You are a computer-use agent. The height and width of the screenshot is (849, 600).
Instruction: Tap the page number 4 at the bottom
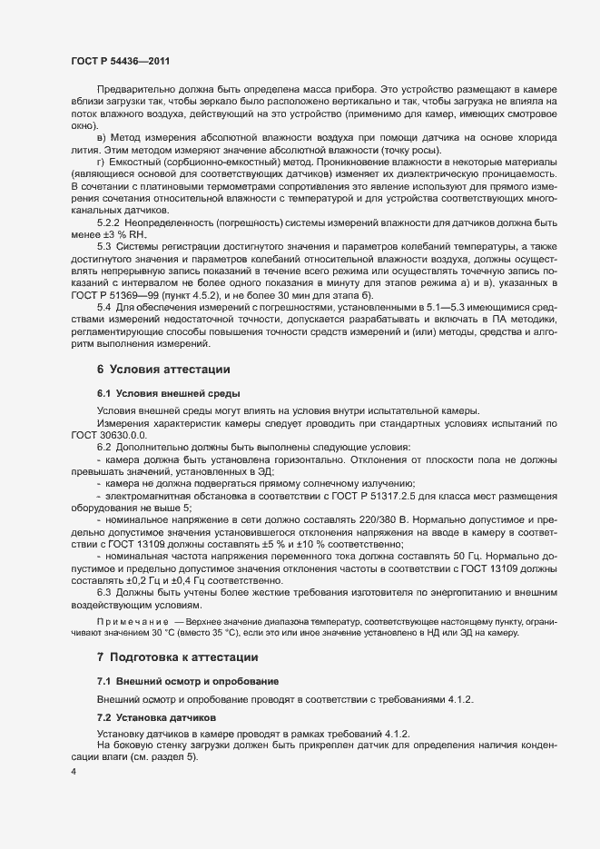(x=74, y=772)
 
